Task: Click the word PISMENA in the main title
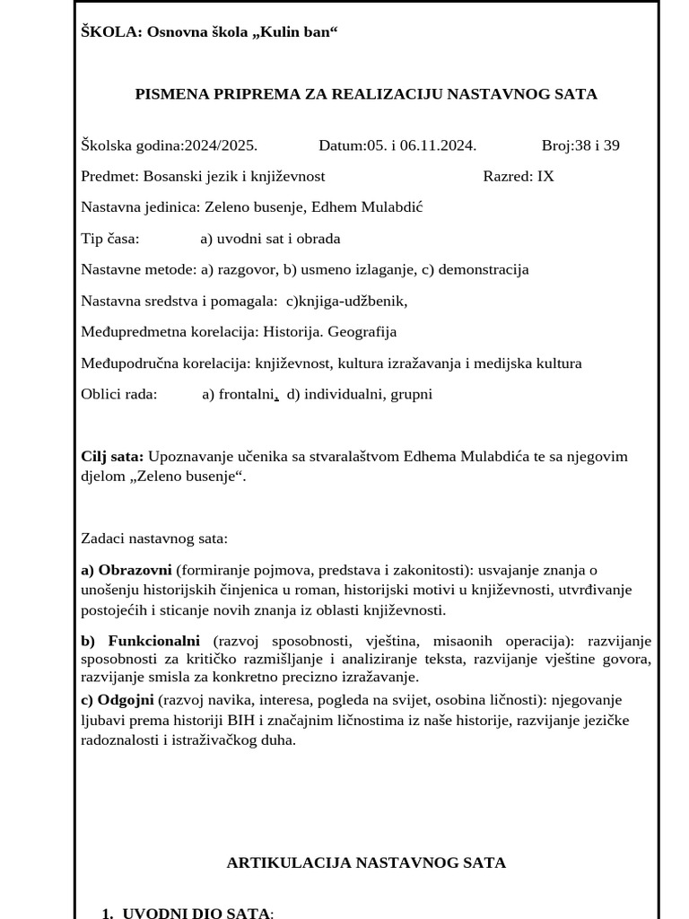coord(168,94)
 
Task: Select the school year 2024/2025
coord(221,145)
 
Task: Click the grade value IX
coord(545,176)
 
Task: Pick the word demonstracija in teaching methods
coord(483,269)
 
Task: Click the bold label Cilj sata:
coord(112,456)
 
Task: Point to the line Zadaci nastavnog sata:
coord(154,538)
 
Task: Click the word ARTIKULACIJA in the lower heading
coord(289,862)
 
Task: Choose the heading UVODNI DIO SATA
coord(196,913)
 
